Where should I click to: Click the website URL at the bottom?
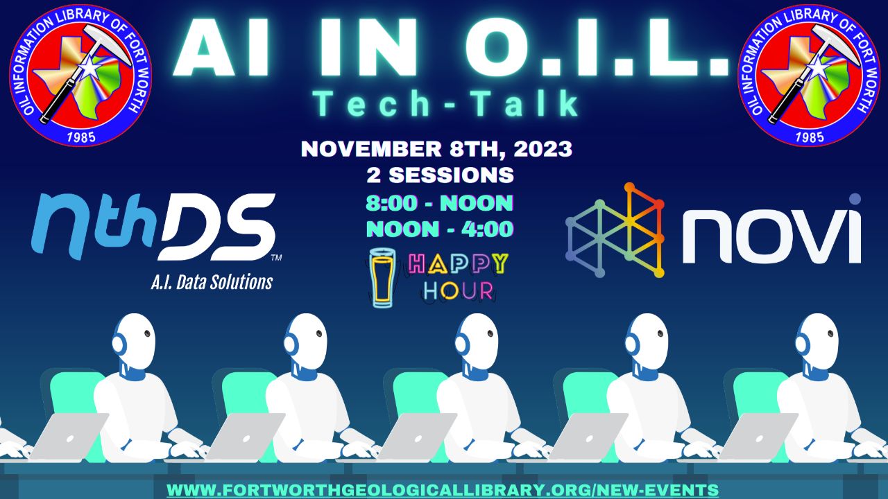(443, 490)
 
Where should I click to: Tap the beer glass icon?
(382, 278)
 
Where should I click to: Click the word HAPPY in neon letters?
(457, 264)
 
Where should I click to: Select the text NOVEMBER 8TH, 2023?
(436, 149)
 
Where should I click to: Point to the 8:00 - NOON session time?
(439, 203)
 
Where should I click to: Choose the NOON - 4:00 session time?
(440, 229)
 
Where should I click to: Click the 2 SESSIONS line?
(440, 175)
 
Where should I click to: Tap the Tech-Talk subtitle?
(446, 104)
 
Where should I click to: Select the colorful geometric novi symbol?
(615, 230)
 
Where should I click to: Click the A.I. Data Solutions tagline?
(212, 282)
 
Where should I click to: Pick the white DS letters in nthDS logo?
(218, 227)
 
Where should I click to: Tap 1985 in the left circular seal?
(81, 137)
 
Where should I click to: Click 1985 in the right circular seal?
(810, 137)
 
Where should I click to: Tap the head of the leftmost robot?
(135, 340)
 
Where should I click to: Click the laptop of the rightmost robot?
(758, 436)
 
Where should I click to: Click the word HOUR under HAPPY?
(459, 291)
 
